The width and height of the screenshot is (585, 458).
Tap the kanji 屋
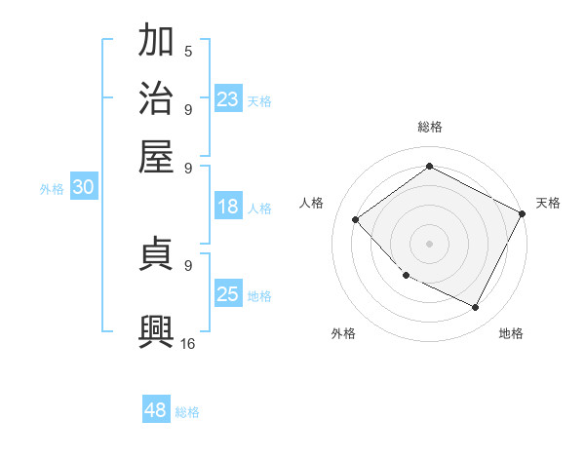pos(156,155)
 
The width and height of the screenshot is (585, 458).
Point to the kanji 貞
pos(156,255)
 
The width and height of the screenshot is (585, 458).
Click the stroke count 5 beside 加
pos(188,51)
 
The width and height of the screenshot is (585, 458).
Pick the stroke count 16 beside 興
pos(188,343)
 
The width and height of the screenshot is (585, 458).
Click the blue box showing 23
pos(228,98)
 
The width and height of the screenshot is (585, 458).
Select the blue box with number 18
pos(228,207)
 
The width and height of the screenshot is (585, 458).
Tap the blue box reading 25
pos(228,294)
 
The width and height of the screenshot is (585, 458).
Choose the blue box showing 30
pos(83,188)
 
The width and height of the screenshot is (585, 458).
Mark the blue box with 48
pos(156,410)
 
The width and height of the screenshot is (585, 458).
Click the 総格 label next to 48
pos(187,412)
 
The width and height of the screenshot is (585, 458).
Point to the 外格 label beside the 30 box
pos(52,189)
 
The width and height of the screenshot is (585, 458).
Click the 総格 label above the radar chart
pos(430,127)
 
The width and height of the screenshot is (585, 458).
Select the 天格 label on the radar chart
pos(548,203)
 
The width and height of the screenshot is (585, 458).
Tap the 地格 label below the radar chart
pos(511,333)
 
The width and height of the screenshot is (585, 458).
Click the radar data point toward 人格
pos(356,219)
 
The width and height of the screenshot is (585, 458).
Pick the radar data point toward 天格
pos(523,213)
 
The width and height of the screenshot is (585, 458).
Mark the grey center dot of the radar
pos(430,243)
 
